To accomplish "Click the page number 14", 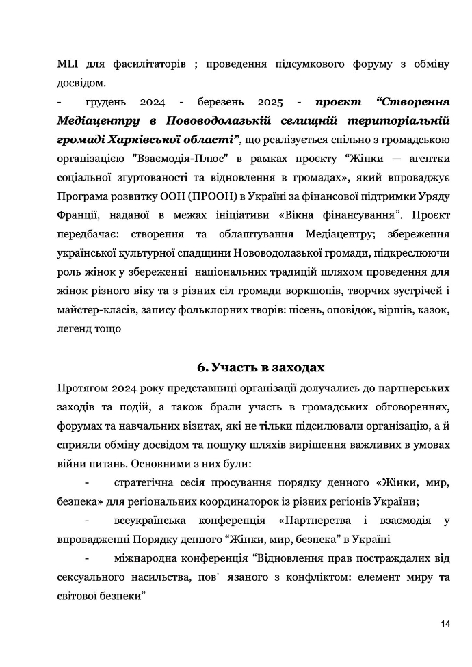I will coord(445,623).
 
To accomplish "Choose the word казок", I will coord(432,311).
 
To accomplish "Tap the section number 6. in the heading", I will coord(202,368).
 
